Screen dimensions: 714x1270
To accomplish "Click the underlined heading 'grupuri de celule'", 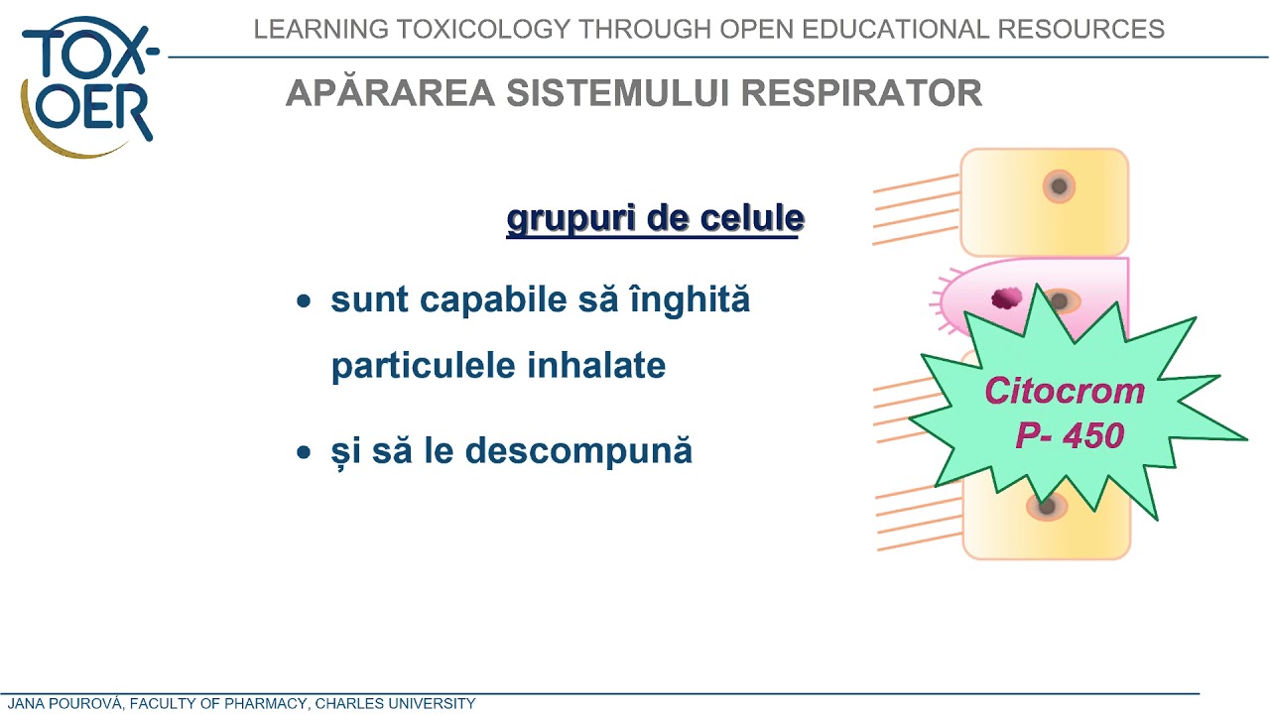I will [655, 218].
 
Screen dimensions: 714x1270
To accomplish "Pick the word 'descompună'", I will [578, 451].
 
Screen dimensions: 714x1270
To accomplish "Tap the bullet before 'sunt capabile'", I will [305, 300].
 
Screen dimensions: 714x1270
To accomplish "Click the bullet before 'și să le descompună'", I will [305, 452].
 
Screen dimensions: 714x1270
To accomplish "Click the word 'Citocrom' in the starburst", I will [1064, 391].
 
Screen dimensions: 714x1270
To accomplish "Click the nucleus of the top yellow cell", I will [1059, 185].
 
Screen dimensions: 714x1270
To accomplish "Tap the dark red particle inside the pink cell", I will [1006, 297].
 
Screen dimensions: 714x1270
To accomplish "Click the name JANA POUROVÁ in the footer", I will [63, 704].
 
